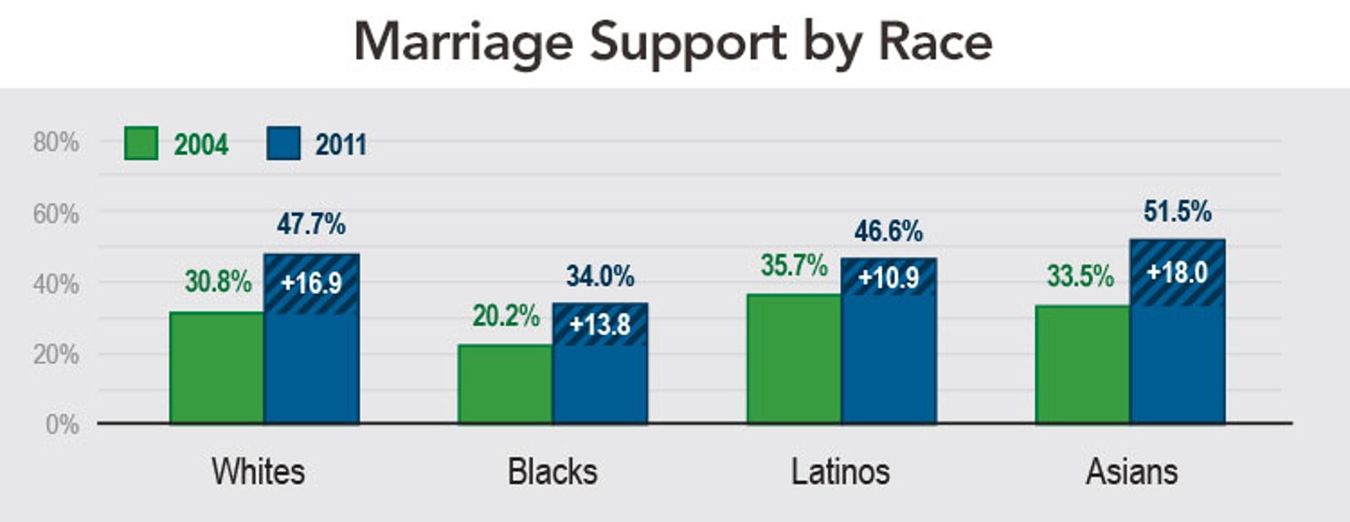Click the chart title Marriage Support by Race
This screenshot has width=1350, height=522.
673,42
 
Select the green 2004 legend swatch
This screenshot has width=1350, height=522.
140,144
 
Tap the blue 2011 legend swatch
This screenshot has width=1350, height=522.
284,144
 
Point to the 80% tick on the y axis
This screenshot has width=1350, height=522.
57,142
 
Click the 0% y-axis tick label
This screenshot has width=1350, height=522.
62,424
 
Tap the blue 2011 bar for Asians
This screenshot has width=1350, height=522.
1177,365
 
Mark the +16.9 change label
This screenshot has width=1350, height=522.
311,283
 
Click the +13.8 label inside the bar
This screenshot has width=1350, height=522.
599,325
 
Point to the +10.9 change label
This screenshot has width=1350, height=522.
888,276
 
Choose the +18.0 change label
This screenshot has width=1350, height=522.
1177,272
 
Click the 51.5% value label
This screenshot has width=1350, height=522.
1177,212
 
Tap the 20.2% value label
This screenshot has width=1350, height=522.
506,316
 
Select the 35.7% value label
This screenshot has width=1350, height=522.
794,266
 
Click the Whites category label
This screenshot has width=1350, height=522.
258,472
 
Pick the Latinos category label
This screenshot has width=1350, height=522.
840,472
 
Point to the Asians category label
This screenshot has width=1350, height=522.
1131,472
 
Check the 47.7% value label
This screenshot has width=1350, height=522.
311,224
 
